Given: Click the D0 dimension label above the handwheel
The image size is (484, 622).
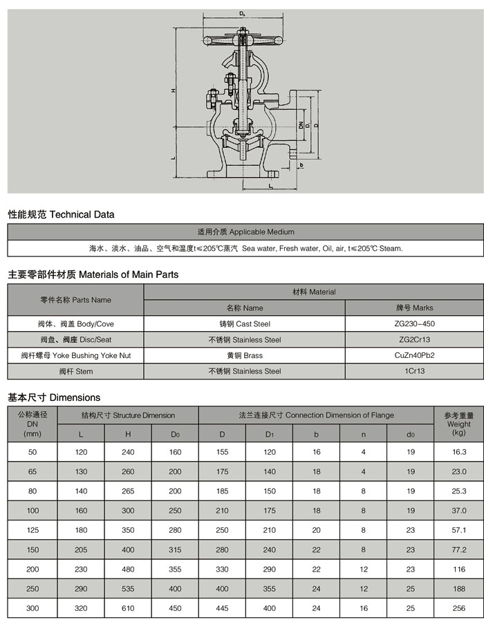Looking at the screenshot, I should coord(241,13).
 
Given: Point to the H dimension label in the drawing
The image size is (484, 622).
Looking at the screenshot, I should coord(174,91).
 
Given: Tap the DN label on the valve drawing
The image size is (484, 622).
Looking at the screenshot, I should coord(301,125).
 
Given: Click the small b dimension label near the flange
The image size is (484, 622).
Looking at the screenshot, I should coord(301,165).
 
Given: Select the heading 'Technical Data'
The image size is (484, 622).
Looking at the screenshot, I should coord(61,214).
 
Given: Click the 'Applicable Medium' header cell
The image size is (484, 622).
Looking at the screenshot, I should coord(245,232).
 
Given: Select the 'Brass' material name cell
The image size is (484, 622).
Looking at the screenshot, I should coord(245,355).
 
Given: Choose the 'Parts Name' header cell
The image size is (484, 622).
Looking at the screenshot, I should coord(75,300).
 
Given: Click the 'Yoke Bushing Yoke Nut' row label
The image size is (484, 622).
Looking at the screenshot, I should coord(75,355).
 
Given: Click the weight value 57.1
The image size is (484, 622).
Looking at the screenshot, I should coord(458,530).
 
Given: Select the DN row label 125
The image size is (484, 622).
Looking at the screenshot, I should coord(32,530).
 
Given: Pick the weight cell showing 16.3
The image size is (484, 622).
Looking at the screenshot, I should coord(458,452).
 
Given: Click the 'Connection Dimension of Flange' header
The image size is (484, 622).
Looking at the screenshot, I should coord(316,415).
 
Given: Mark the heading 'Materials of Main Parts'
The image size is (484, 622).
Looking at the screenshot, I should coord(93,274).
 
